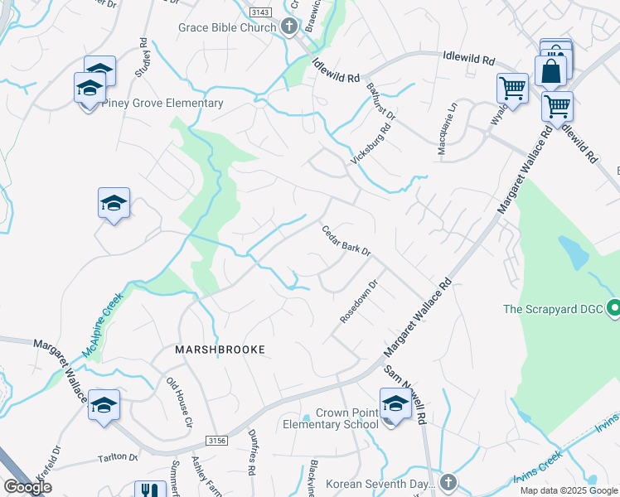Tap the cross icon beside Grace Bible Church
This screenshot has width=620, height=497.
pyautogui.click(x=289, y=27)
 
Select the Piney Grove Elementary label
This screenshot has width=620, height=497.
pyautogui.click(x=162, y=104)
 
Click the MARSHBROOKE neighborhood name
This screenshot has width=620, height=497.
pyautogui.click(x=220, y=350)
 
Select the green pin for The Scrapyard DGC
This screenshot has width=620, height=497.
pyautogui.click(x=613, y=309)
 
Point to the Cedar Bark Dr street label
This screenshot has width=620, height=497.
pyautogui.click(x=346, y=240)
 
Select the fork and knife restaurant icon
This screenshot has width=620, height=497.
pyautogui.click(x=149, y=490)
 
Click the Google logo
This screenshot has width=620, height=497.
pyautogui.click(x=27, y=488)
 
